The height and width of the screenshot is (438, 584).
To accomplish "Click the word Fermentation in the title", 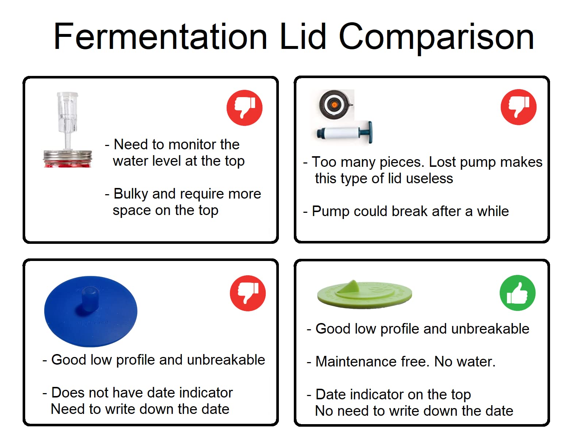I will (161, 36).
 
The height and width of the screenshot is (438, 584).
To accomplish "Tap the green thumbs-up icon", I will (517, 293).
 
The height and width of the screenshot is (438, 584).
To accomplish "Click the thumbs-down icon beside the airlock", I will (245, 108).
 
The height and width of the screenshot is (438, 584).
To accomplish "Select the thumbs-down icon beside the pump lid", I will (519, 107).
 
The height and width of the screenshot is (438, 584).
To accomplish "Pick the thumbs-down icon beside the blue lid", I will (248, 293).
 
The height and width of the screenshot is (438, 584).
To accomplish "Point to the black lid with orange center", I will (334, 105).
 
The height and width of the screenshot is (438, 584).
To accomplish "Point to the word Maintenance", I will (356, 362).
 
